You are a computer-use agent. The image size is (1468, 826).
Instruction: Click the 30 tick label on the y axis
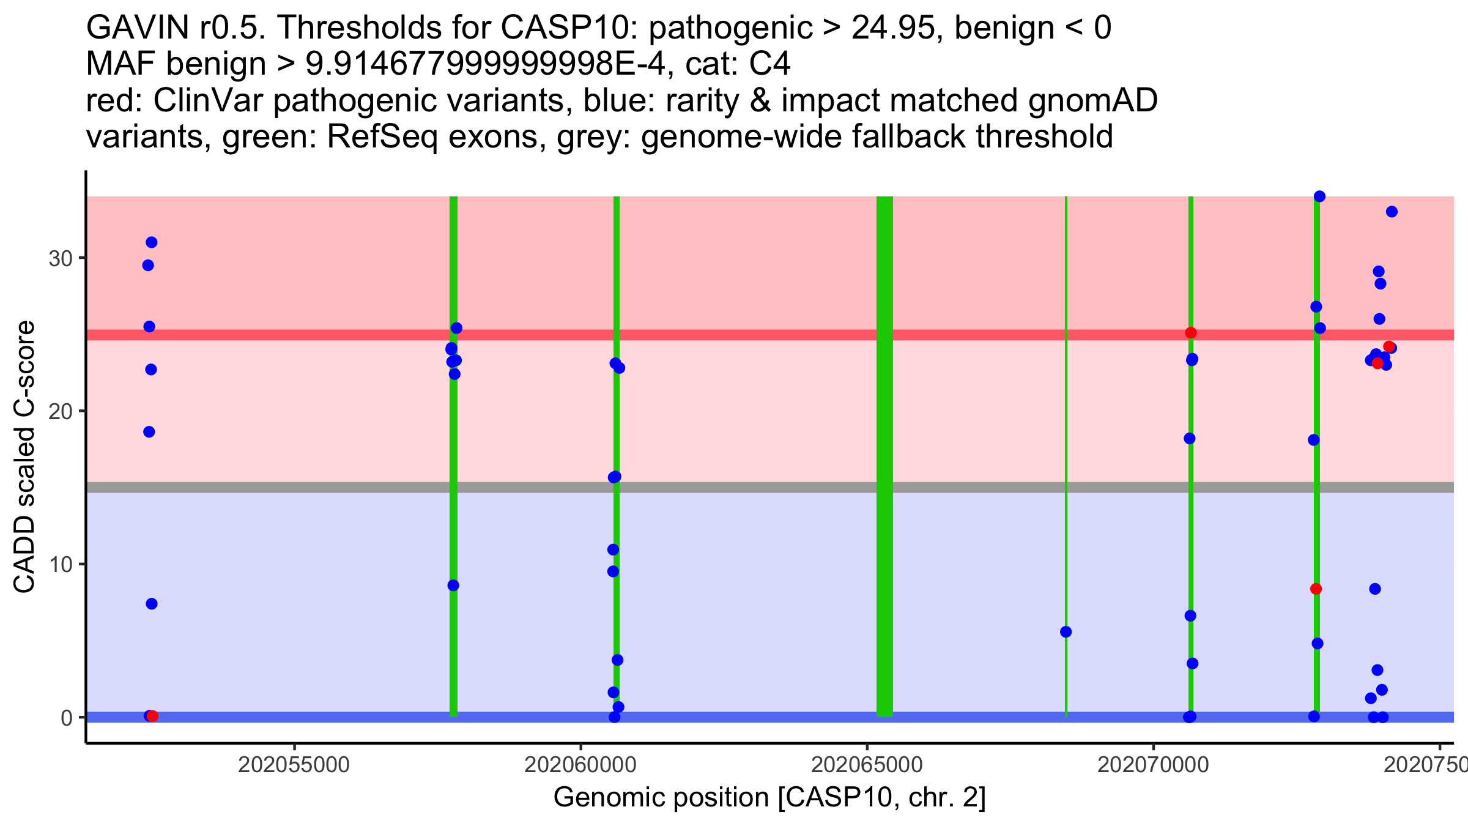pos(60,258)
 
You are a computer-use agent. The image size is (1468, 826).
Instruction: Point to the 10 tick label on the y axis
pos(60,564)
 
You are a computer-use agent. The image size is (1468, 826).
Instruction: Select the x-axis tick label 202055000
pos(294,765)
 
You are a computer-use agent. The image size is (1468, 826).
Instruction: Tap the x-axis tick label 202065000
pos(866,765)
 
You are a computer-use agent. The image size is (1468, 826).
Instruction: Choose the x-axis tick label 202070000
pos(1153,765)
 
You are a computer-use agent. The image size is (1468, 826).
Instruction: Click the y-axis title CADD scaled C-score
pos(24,457)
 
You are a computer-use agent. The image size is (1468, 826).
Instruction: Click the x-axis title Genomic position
pos(769,797)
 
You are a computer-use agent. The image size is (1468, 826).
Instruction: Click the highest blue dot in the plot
pos(1319,196)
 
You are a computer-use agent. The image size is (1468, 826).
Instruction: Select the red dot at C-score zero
pos(153,716)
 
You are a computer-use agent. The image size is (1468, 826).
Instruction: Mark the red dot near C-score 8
pos(1316,589)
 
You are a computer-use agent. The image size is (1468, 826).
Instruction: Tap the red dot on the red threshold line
pos(1190,333)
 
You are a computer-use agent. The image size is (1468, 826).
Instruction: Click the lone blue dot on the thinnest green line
pos(1066,631)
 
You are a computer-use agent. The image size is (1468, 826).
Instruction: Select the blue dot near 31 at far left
pos(152,242)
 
